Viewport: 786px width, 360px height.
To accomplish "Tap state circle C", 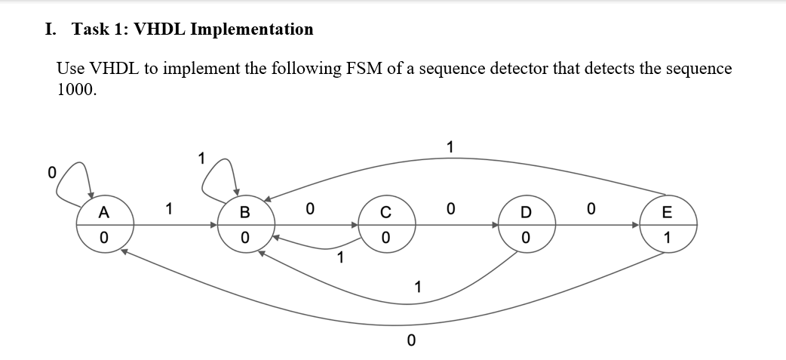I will tap(385, 225).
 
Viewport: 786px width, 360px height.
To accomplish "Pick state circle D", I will tap(527, 225).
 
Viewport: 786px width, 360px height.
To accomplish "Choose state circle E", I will tap(668, 225).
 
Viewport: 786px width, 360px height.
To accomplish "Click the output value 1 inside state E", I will tap(668, 238).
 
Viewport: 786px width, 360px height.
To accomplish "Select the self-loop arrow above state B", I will tap(219, 175).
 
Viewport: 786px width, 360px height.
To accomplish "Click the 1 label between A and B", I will tap(170, 208).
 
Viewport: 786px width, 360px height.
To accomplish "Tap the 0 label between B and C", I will tap(309, 208).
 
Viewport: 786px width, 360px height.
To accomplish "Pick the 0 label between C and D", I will tap(450, 208).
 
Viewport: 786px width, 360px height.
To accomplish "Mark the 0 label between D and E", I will tap(591, 208).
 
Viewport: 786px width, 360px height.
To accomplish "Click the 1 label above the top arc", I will tap(450, 146).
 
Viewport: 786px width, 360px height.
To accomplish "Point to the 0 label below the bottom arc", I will tap(410, 340).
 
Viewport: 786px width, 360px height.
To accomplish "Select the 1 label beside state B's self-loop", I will tap(201, 158).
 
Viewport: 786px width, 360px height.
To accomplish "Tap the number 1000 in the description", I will tap(76, 89).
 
